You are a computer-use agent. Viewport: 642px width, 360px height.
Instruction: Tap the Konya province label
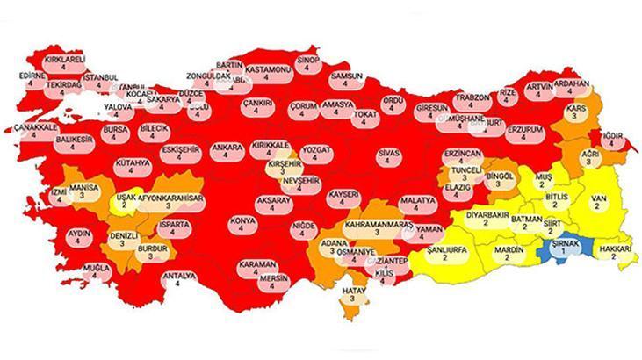(236, 222)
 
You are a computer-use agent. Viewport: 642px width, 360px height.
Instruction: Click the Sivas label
(386, 156)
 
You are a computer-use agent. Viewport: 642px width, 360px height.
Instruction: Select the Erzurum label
(526, 132)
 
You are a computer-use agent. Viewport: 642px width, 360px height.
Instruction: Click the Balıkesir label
(75, 143)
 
